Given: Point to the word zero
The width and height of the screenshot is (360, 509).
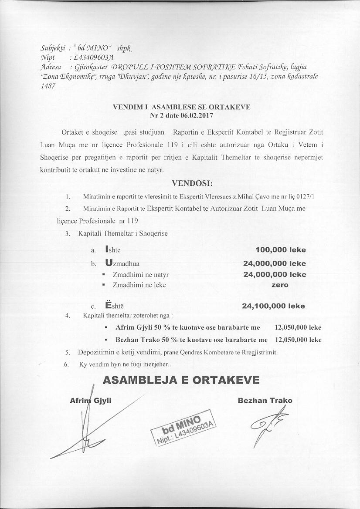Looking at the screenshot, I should coord(280,285).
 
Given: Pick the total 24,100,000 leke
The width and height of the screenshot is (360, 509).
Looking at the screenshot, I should coord(273,306).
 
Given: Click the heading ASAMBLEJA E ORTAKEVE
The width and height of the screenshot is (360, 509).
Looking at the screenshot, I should coord(181,380).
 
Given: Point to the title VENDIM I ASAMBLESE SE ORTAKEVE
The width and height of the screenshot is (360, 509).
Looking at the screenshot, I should coord(181,107).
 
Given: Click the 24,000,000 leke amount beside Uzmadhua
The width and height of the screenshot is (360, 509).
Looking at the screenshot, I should coord(274,263).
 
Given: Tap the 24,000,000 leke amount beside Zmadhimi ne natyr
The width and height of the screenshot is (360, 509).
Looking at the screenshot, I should coord(274,274).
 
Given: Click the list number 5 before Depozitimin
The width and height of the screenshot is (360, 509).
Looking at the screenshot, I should coord(68,352).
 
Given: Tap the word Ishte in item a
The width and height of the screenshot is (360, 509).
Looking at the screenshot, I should coord(113,250).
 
